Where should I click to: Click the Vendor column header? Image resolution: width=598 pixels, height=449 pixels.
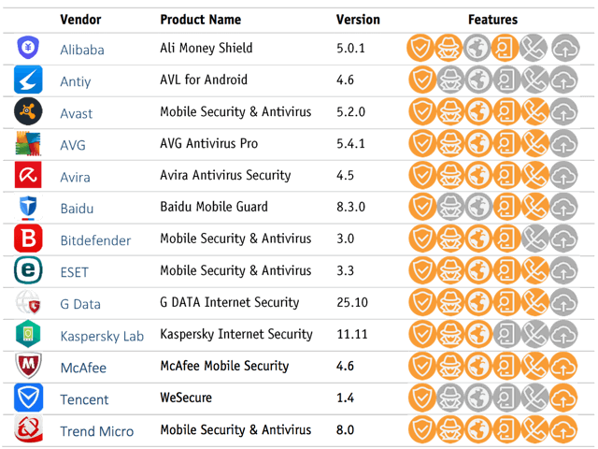pos(81,20)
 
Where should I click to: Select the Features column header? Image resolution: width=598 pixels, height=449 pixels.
pos(492,20)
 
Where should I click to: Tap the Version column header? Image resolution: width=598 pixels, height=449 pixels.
pos(358,20)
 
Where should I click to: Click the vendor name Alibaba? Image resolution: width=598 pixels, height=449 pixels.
pos(82,50)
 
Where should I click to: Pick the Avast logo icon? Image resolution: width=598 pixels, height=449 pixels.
pos(28,112)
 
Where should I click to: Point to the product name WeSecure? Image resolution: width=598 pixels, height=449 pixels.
pos(186,398)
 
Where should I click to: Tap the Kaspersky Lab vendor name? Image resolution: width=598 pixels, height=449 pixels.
pos(102,336)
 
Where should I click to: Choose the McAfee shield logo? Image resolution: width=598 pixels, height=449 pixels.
pos(28,367)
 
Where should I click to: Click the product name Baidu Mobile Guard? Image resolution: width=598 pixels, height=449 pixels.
pos(214,208)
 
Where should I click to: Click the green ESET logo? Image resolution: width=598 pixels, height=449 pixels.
pos(28,271)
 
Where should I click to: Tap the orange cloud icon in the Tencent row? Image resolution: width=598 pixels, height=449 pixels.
pos(564,398)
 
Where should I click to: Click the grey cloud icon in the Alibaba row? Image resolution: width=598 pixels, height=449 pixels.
pos(564,49)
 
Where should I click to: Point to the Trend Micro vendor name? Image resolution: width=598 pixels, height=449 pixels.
pos(97,431)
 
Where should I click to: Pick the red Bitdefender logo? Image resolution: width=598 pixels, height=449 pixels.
pos(28,239)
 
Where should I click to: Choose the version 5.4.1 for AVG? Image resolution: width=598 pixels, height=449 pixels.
pos(349,144)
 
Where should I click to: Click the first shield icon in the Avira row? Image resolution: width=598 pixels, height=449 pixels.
pos(422,176)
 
